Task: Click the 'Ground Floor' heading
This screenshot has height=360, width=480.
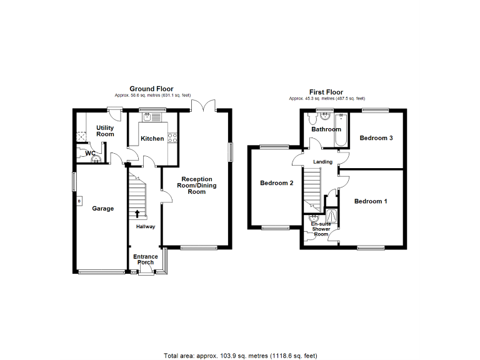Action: click(151, 89)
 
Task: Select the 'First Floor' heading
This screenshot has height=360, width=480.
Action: click(326, 92)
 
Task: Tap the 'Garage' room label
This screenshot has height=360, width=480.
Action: click(103, 209)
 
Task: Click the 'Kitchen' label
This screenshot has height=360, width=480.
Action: click(152, 139)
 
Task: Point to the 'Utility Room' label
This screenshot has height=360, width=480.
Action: click(104, 131)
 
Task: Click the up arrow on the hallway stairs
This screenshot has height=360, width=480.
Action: click(137, 213)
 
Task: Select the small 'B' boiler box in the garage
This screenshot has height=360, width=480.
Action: click(79, 201)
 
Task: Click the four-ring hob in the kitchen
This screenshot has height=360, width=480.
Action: click(173, 139)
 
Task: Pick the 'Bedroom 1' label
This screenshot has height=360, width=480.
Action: click(371, 201)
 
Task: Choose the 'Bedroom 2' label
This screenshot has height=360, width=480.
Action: click(277, 183)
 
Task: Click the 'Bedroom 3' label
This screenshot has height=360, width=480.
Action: click(376, 138)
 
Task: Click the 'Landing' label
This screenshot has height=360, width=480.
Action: click(323, 162)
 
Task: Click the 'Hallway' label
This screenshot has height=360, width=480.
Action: click(146, 227)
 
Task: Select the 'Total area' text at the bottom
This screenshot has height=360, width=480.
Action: click(241, 355)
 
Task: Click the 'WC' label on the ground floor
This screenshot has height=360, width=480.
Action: click(90, 153)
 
